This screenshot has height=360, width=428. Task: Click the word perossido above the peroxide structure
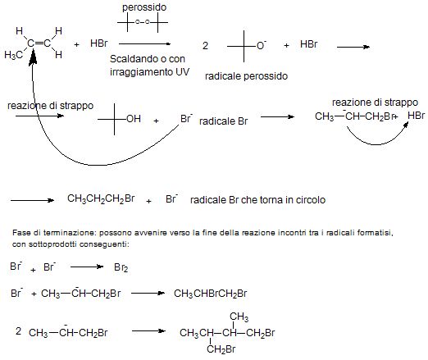tap(144, 7)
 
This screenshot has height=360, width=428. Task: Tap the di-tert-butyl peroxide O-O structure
tap(143, 22)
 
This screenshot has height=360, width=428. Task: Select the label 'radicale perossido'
tap(246, 76)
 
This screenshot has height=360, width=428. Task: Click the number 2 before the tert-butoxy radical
tap(205, 45)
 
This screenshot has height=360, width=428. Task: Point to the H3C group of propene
tap(14, 55)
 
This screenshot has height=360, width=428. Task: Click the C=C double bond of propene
tap(39, 43)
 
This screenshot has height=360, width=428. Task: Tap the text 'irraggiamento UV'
tap(149, 72)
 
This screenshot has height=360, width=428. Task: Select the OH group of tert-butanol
tap(134, 119)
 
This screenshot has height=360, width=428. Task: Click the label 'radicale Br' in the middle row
tap(223, 121)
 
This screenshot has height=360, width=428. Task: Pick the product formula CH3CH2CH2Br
tap(101, 198)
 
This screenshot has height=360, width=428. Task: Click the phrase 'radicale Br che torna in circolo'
tap(257, 200)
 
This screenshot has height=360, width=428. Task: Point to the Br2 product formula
tap(121, 267)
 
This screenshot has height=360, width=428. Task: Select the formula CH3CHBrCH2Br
tap(211, 294)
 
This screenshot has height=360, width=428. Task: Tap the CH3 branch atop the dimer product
tap(239, 317)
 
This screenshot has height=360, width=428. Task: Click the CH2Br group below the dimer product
tap(221, 349)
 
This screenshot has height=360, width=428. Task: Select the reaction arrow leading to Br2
tap(87, 267)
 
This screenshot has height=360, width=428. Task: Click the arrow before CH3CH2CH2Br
tap(32, 200)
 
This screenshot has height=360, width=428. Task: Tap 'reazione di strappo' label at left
tap(51, 106)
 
